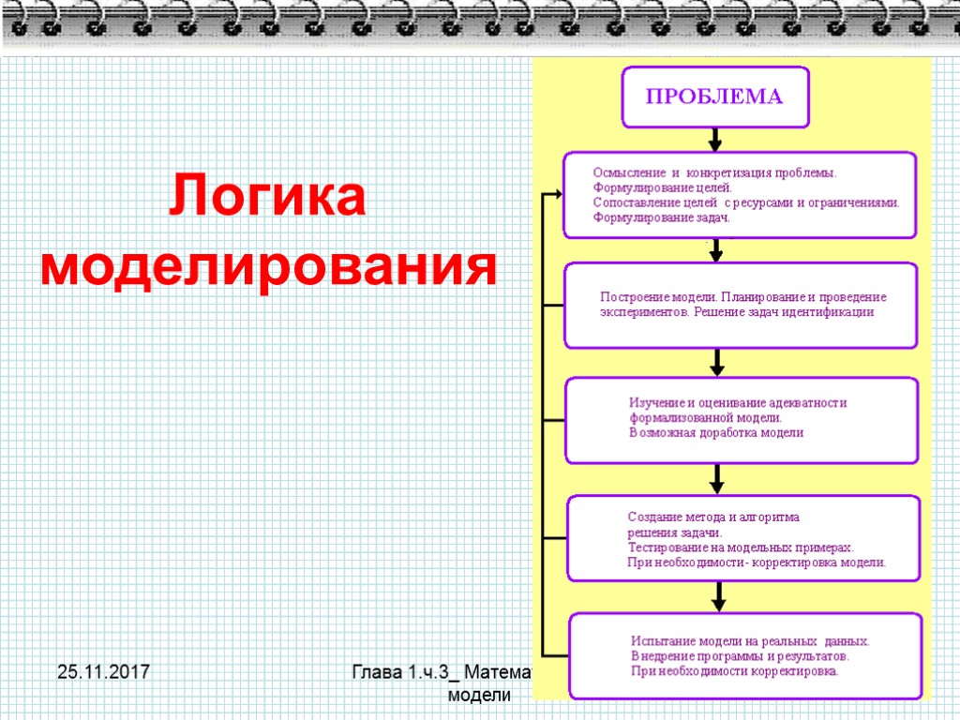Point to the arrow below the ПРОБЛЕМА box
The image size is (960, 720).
[x=715, y=140]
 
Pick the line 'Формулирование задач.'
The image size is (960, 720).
[x=662, y=217]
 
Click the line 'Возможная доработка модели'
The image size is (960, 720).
[x=716, y=433]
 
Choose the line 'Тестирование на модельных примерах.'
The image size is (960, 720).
[x=741, y=547]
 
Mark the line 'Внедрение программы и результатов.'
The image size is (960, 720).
[x=741, y=656]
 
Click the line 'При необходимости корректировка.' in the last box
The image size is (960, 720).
[x=736, y=671]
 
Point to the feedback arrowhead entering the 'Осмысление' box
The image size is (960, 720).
[x=557, y=194]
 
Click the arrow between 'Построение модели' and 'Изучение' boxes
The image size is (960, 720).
[x=717, y=362]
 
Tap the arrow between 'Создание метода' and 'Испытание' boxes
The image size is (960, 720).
[x=718, y=596]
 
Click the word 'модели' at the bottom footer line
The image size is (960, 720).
[x=479, y=696]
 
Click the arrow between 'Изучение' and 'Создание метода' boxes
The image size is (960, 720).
[x=717, y=479]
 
